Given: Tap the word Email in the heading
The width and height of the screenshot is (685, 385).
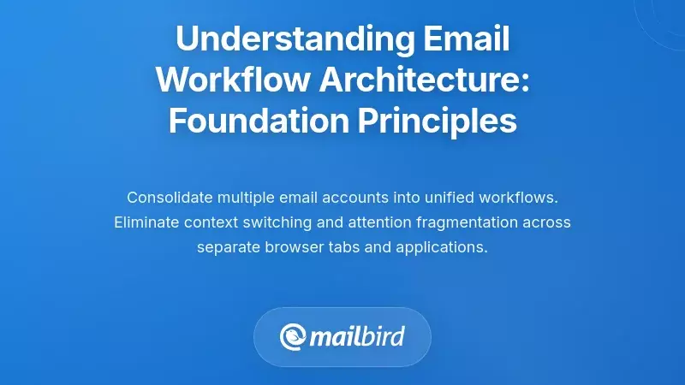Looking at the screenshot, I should (x=467, y=39).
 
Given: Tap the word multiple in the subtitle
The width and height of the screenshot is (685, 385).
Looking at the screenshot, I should (x=249, y=198).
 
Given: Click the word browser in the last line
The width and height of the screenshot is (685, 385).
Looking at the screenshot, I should (x=287, y=248).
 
